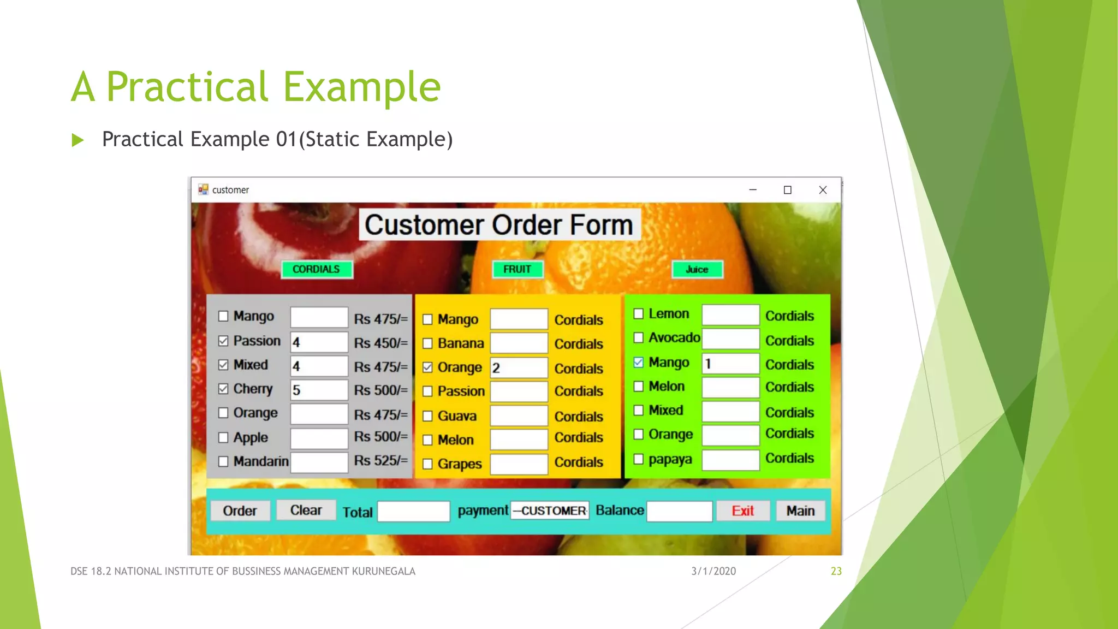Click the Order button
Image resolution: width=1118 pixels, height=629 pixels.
coord(240,511)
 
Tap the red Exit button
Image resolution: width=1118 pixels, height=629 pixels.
coord(742,511)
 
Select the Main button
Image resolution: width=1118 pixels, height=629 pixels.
coord(800,511)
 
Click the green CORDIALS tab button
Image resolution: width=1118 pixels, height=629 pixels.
coord(317,269)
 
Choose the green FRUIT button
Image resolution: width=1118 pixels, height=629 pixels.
coord(517,269)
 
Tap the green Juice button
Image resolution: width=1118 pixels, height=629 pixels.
coord(697,269)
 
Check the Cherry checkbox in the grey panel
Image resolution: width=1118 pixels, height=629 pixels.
coord(223,389)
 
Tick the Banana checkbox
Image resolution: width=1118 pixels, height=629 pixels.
coord(428,343)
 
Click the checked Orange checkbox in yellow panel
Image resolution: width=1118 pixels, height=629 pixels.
coord(428,367)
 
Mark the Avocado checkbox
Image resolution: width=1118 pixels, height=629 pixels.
coord(639,338)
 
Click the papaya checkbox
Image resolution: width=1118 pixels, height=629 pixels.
coord(639,459)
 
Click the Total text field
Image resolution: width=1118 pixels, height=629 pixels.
coord(413,512)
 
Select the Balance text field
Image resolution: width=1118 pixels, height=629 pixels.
coord(679,512)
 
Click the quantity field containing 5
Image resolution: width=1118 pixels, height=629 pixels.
coord(319,390)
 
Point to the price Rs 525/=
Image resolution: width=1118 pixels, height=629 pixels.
coord(380,461)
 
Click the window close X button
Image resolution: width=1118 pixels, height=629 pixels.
coord(823,190)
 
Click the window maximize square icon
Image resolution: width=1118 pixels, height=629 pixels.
coord(787,190)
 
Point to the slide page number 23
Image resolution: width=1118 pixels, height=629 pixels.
coord(836,571)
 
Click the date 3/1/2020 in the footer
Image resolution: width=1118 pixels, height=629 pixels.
coord(713,571)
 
